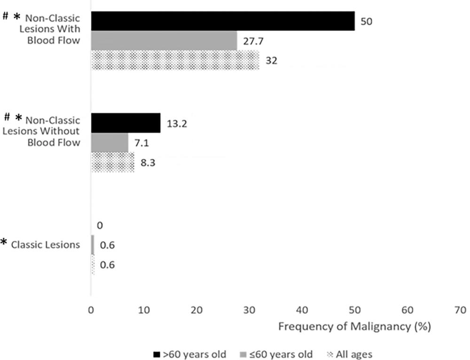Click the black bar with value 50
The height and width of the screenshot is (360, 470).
(223, 21)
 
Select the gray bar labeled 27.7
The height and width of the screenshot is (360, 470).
(164, 40)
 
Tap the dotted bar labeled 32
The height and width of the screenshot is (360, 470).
(175, 60)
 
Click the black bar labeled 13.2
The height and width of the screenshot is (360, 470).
(125, 123)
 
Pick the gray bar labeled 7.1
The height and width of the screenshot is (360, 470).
(110, 143)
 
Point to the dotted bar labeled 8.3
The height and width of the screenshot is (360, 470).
(113, 163)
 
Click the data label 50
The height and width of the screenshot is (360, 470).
(366, 22)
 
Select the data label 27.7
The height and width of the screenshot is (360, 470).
(252, 41)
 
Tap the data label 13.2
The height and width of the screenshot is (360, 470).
(177, 124)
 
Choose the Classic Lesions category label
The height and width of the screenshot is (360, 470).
(46, 244)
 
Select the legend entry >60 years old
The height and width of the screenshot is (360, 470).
(189, 353)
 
